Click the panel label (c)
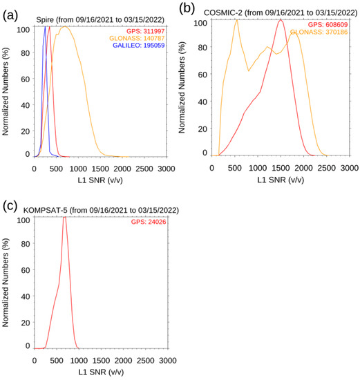click(9, 205)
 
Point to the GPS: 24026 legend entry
click(149, 222)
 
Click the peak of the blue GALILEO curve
click(45, 28)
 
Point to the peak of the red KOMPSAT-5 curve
click(64, 217)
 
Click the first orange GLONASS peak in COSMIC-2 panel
click(236, 19)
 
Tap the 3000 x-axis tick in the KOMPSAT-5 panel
click(165, 360)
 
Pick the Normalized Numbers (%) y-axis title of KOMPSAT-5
click(7, 283)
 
